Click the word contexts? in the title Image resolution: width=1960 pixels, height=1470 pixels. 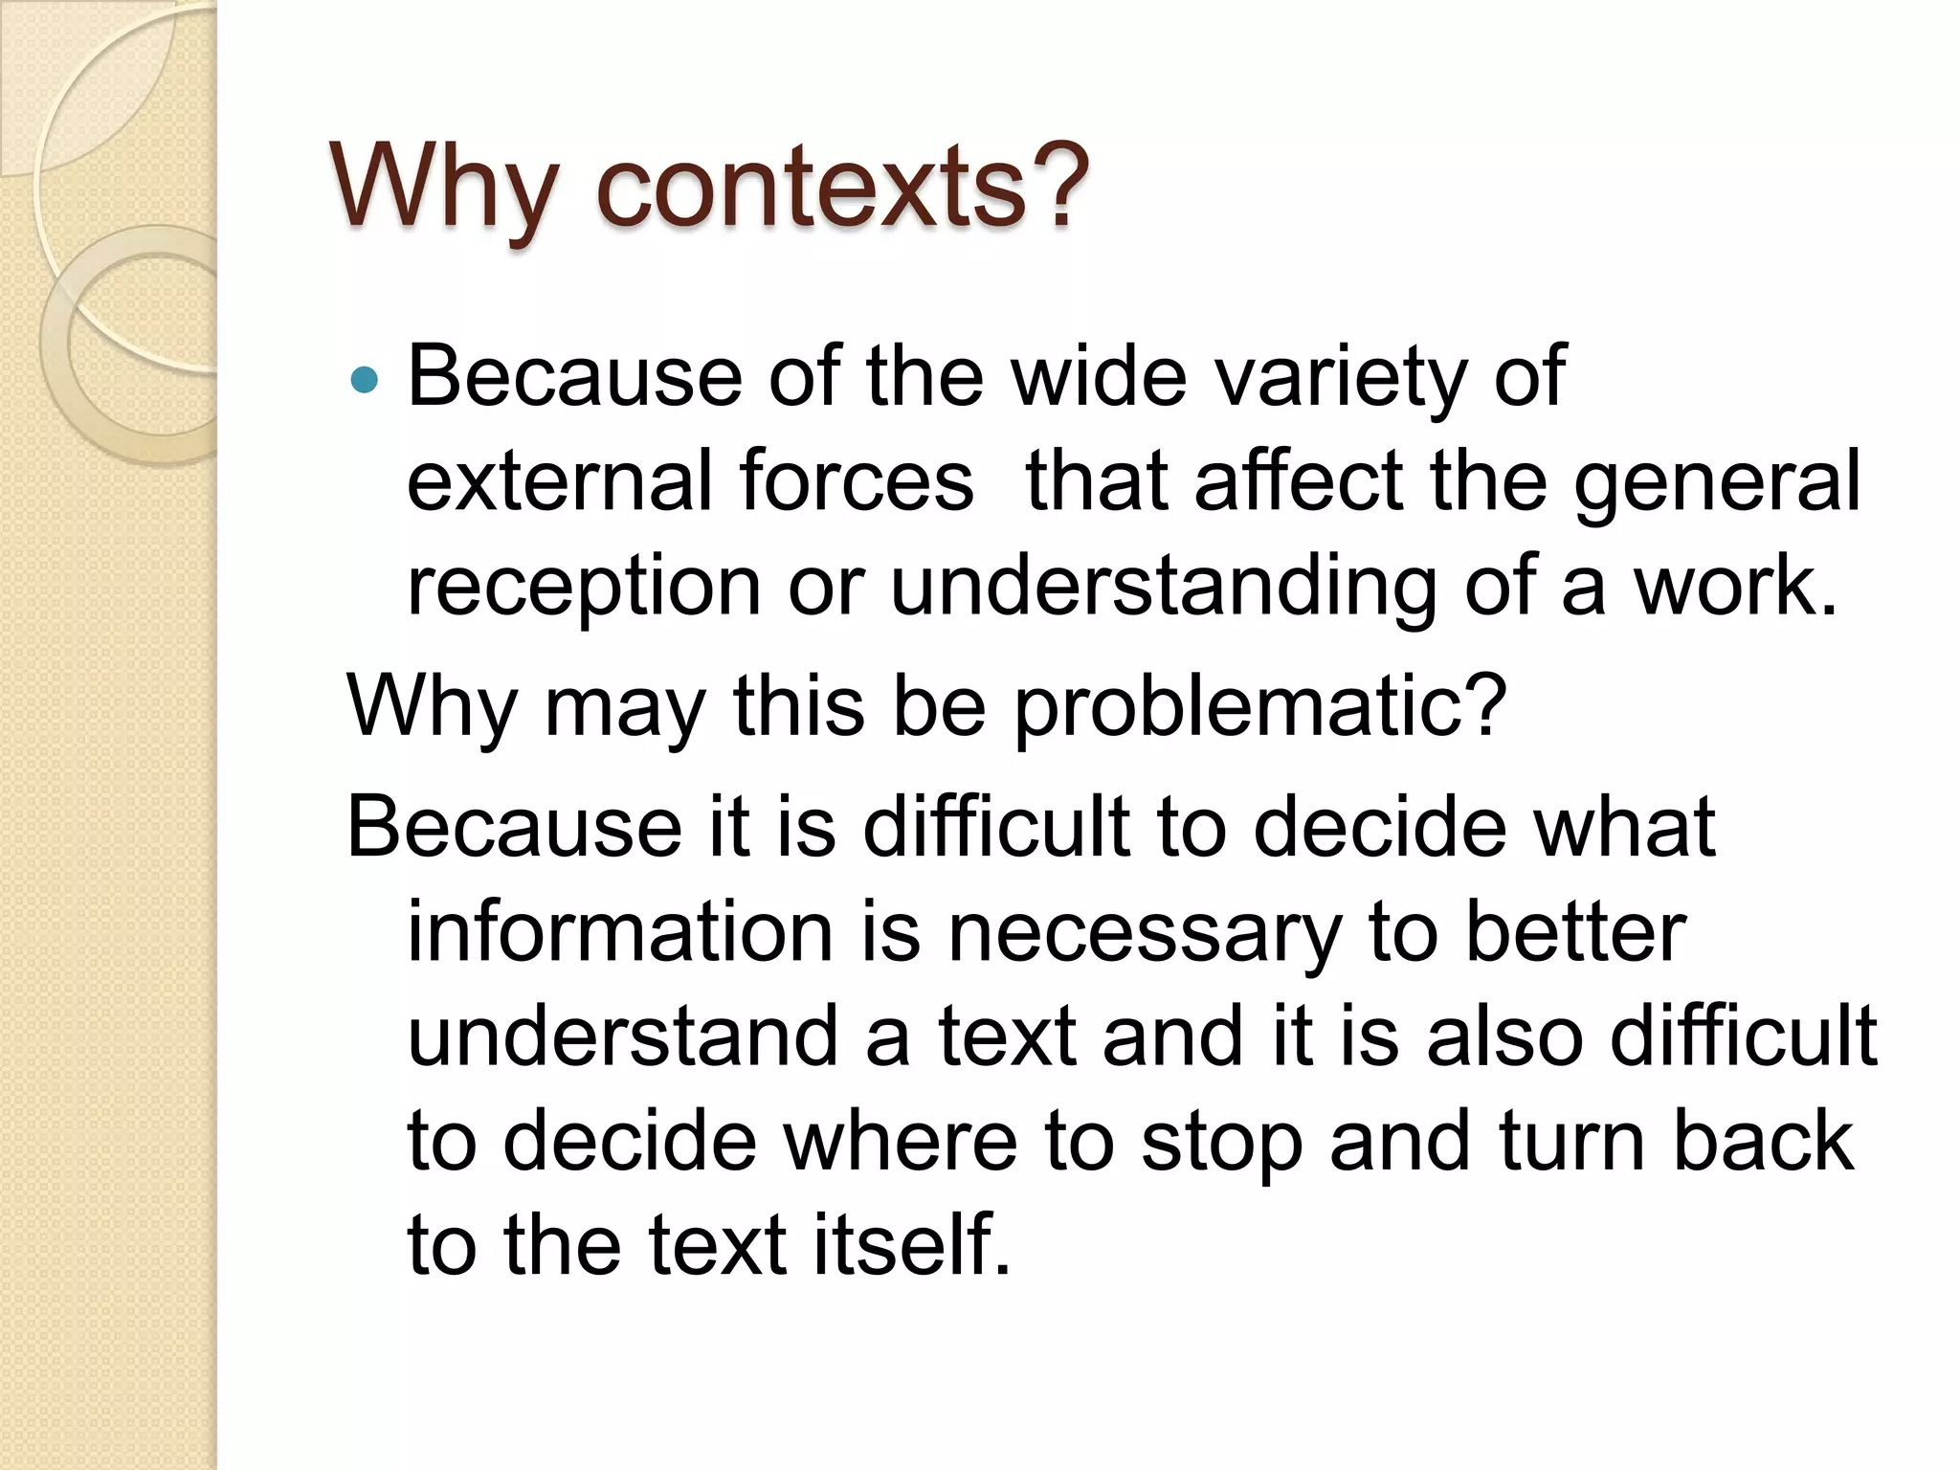(842, 188)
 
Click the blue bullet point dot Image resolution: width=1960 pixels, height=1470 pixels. (365, 381)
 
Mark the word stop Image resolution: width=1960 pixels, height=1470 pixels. (1221, 1143)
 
